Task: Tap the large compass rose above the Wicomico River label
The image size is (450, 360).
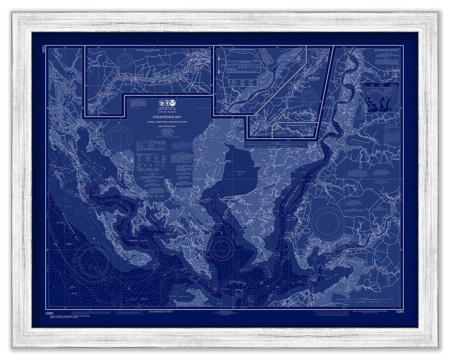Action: (x=327, y=222)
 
